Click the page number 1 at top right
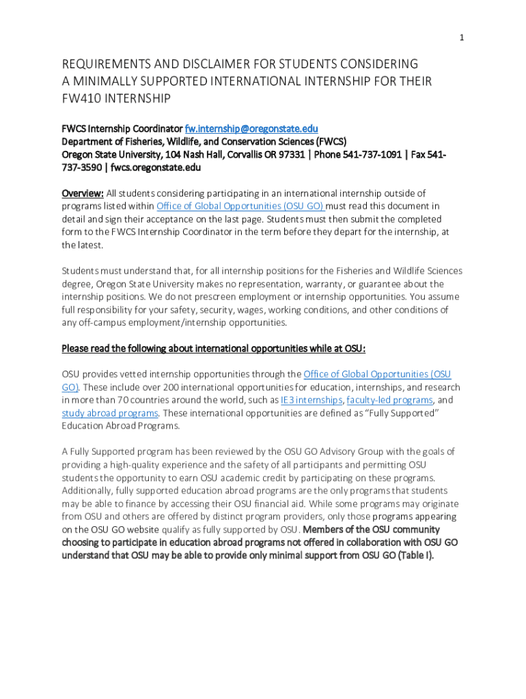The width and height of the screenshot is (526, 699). click(x=462, y=38)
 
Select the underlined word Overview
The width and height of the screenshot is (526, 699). click(x=82, y=193)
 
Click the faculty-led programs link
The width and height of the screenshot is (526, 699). click(x=389, y=400)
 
